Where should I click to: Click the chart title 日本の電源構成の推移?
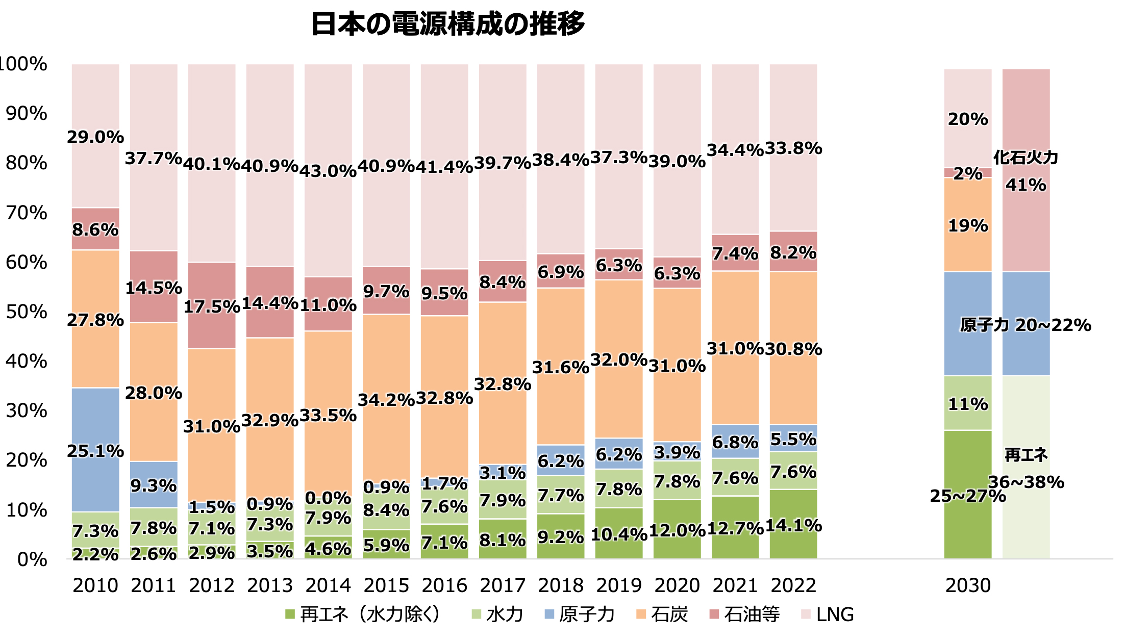[447, 24]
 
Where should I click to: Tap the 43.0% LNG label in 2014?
[328, 171]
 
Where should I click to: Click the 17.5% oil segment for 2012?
[212, 306]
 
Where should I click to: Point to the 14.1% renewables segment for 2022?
[793, 525]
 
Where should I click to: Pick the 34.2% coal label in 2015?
[386, 400]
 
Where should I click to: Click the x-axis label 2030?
[968, 585]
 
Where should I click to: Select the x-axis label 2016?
[444, 585]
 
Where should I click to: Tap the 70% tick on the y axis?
[27, 213]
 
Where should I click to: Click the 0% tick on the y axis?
[32, 560]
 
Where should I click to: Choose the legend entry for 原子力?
[580, 614]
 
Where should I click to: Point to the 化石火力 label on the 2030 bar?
[1026, 158]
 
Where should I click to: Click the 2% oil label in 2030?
[968, 173]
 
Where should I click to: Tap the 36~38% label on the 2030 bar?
[1026, 482]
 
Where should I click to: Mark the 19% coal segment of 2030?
[968, 225]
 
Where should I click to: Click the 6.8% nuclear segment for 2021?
[735, 442]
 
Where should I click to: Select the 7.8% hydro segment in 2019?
[619, 489]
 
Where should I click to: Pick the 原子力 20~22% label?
[1026, 325]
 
